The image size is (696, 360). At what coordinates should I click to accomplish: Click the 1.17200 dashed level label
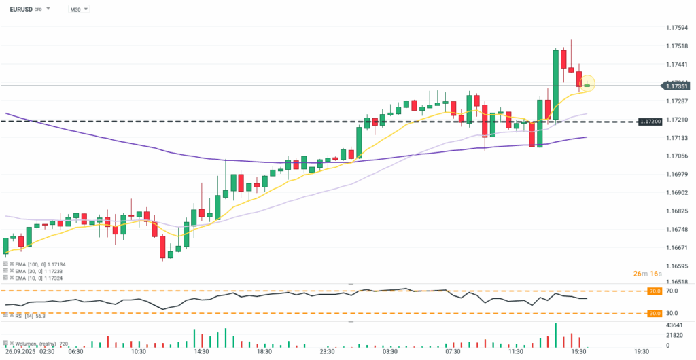(x=650, y=121)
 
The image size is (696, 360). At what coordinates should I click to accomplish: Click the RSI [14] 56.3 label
(x=26, y=316)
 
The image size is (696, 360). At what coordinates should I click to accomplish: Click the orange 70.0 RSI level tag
(x=655, y=291)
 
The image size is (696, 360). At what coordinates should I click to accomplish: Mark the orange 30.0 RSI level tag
(x=655, y=313)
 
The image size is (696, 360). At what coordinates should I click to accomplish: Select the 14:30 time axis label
(x=201, y=352)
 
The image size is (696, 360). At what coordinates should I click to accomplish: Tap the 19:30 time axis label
(x=641, y=352)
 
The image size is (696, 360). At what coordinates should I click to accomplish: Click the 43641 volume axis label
(x=675, y=325)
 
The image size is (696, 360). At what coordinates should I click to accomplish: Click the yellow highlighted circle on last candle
(x=587, y=84)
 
